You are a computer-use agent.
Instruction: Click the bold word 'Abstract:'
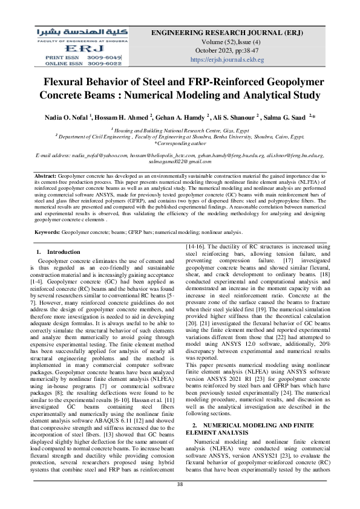pyautogui.click(x=45, y=175)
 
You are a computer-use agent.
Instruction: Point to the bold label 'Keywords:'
pyautogui.click(x=47, y=232)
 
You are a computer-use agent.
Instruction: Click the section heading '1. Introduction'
pyautogui.click(x=54, y=251)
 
